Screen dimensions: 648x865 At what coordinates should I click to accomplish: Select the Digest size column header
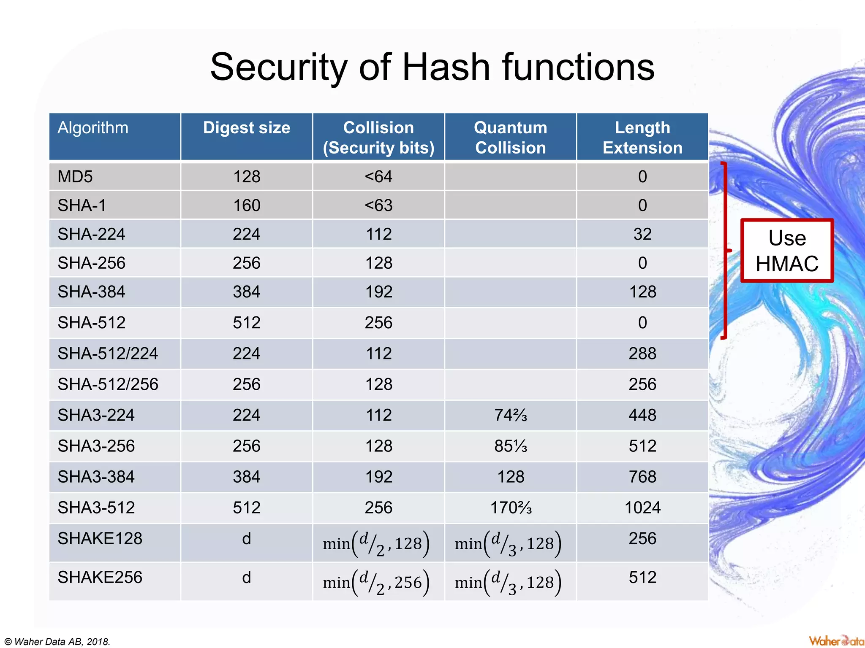click(x=247, y=128)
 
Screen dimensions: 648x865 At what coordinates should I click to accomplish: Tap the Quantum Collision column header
click(x=510, y=138)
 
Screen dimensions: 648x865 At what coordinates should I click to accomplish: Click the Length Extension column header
click(x=642, y=138)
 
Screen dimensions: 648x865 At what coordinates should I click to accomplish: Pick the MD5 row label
click(x=75, y=177)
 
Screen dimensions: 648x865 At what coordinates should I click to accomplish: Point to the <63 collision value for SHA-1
click(x=378, y=205)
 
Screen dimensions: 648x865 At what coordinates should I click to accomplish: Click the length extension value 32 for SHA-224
click(x=642, y=234)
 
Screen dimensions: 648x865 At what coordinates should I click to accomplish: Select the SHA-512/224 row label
click(x=108, y=354)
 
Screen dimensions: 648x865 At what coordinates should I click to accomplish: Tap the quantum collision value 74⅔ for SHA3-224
click(x=510, y=416)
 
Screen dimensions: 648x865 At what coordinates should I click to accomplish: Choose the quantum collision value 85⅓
click(x=510, y=446)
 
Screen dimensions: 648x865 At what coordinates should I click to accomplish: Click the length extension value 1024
click(x=642, y=508)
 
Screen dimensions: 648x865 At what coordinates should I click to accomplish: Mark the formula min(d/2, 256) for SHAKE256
click(x=376, y=583)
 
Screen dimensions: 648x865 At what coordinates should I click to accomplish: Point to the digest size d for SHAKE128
click(x=247, y=539)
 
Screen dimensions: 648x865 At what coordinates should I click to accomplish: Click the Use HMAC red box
click(x=787, y=251)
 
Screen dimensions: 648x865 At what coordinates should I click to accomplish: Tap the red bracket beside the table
click(x=725, y=251)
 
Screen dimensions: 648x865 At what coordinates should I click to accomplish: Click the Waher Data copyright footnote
click(x=57, y=642)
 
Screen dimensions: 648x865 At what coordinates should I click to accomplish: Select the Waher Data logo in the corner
click(x=835, y=641)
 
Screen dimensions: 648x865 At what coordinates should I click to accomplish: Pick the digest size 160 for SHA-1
click(x=247, y=205)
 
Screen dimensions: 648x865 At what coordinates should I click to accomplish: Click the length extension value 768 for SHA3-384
click(x=642, y=477)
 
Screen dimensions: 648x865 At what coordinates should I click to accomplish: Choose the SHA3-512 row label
click(x=96, y=508)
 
